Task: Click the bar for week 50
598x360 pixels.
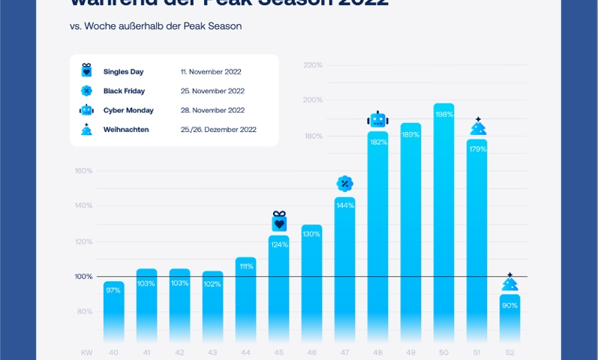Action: [x=443, y=225]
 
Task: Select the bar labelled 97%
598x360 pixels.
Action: [x=114, y=311]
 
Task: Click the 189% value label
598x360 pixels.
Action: [x=410, y=135]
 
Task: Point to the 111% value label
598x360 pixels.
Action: [x=246, y=266]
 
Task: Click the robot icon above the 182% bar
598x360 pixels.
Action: [x=377, y=119]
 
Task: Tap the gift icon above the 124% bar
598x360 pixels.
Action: [x=279, y=222]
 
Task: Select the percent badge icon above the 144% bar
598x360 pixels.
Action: [x=344, y=184]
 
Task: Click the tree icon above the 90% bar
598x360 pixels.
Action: [x=509, y=282]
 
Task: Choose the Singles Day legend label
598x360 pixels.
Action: [x=123, y=72]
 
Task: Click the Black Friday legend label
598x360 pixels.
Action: [x=124, y=91]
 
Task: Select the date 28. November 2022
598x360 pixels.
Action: [x=213, y=110]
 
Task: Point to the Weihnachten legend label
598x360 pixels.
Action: [x=126, y=129]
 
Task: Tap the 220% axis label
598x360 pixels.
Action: [x=313, y=65]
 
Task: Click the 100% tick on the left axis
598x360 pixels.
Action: [x=83, y=277]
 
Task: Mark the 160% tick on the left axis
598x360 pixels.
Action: [x=83, y=170]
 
